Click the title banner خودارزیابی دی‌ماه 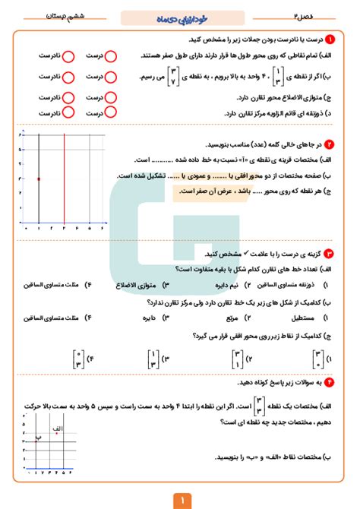(x=179, y=14)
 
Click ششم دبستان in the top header (x=52, y=14)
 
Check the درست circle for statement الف (x=111, y=55)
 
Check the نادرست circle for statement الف (x=68, y=55)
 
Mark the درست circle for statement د (x=111, y=112)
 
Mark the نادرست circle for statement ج (x=68, y=98)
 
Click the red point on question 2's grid (x=38, y=179)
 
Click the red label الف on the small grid (x=55, y=431)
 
